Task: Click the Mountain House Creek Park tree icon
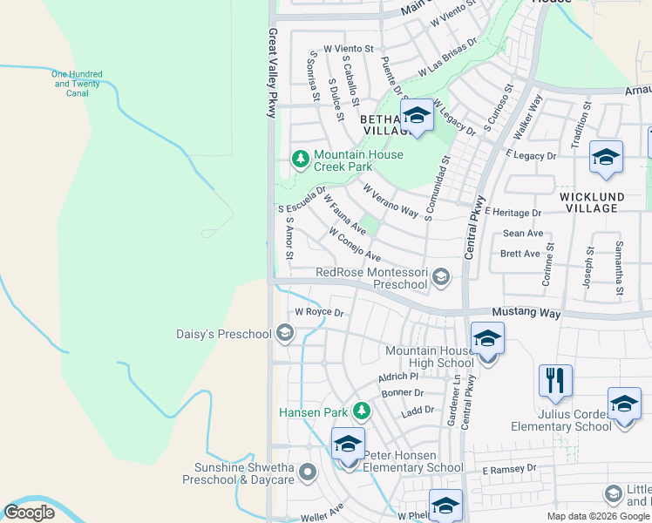click(x=300, y=159)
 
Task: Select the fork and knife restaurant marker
click(x=555, y=380)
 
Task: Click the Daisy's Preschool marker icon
click(x=284, y=332)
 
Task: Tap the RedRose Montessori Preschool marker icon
click(x=441, y=277)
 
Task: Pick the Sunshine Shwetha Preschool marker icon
click(x=307, y=473)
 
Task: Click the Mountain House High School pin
click(x=487, y=339)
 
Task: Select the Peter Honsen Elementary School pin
click(x=348, y=445)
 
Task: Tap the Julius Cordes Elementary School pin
click(x=624, y=404)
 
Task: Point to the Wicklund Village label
click(x=601, y=202)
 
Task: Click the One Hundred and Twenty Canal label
click(x=78, y=84)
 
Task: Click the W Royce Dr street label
click(x=319, y=312)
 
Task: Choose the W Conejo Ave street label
click(x=354, y=245)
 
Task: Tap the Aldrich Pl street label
click(x=398, y=377)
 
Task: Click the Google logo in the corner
click(x=30, y=513)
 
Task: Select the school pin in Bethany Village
click(x=417, y=116)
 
